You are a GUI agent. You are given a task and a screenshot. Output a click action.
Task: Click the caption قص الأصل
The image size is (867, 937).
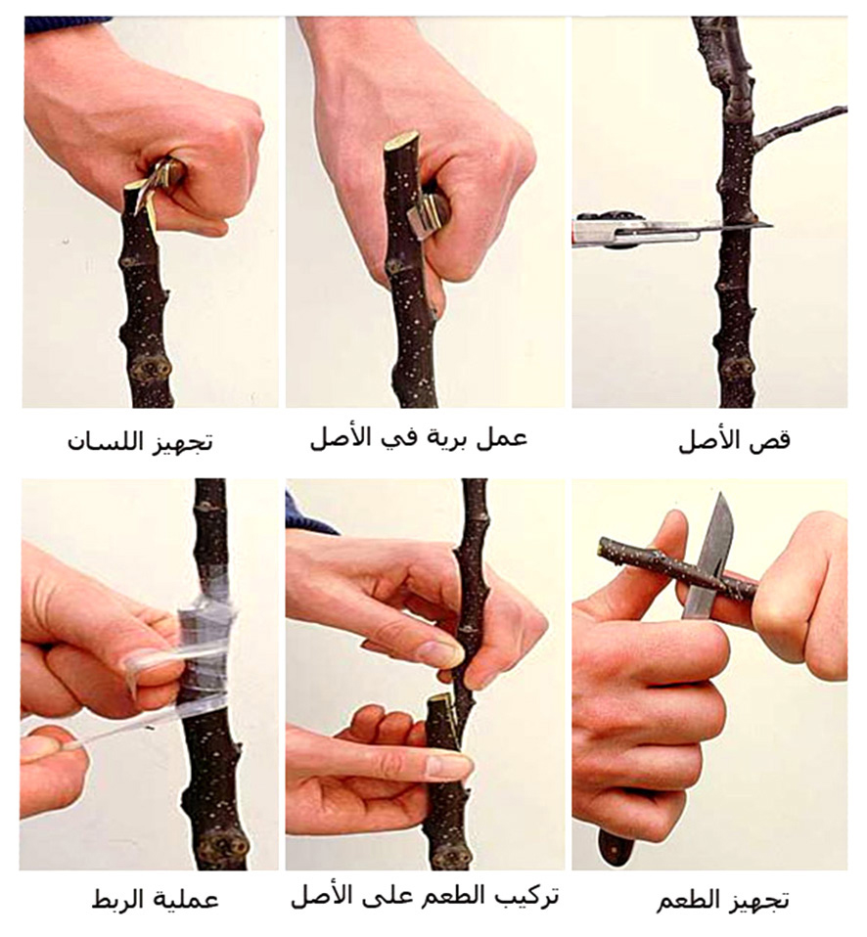pyautogui.click(x=735, y=440)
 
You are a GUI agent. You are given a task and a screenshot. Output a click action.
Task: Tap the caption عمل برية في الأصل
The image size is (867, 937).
pyautogui.click(x=419, y=438)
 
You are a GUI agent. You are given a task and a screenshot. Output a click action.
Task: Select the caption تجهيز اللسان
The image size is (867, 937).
pyautogui.click(x=140, y=443)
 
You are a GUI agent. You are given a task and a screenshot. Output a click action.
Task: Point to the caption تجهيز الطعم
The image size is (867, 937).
pyautogui.click(x=723, y=901)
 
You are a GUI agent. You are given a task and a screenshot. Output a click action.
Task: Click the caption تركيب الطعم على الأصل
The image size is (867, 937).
pyautogui.click(x=425, y=897)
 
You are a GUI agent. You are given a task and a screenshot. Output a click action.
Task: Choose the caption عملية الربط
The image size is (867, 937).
pyautogui.click(x=155, y=901)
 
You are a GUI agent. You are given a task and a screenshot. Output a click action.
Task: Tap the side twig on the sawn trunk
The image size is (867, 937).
pyautogui.click(x=799, y=126)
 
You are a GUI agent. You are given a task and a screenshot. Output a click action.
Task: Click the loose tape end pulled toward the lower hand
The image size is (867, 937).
pyautogui.click(x=114, y=732)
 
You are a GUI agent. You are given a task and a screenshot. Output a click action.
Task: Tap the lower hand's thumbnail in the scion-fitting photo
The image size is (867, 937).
pyautogui.click(x=447, y=767)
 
